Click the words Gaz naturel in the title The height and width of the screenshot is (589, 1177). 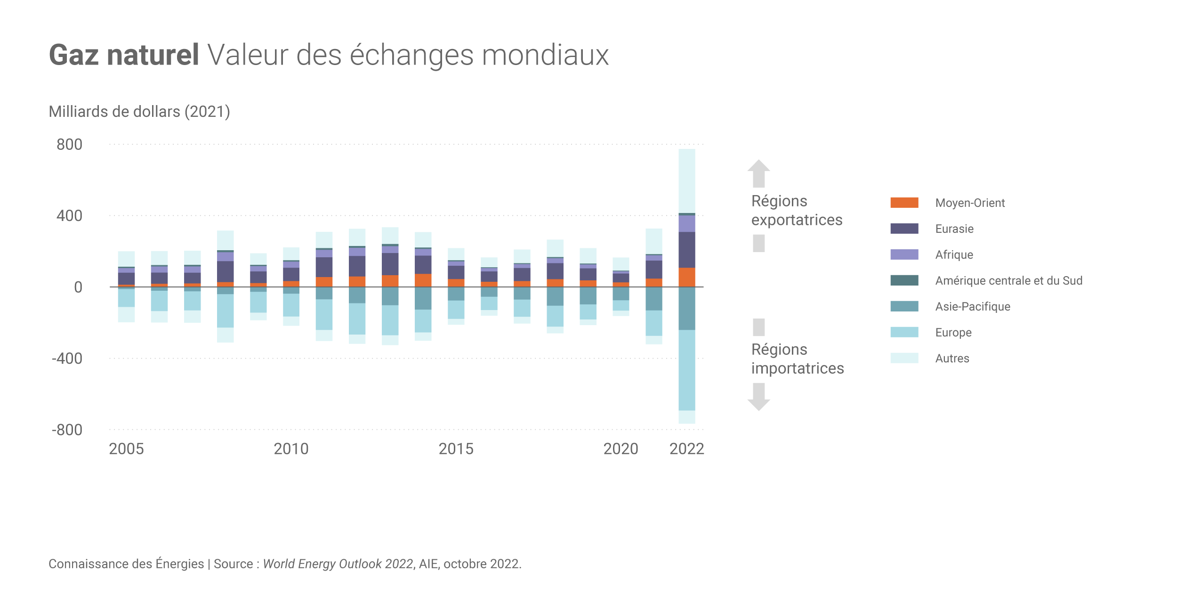124,55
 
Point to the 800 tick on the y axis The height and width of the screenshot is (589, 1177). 69,145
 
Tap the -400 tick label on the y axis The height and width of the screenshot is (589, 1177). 67,359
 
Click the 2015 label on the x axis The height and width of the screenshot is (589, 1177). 456,449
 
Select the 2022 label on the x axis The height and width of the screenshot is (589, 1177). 686,449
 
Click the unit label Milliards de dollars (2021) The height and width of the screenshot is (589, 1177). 139,112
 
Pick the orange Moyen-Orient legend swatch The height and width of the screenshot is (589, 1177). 904,203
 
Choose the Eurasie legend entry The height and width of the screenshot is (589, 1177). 954,229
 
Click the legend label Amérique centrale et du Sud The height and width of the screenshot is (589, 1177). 1008,281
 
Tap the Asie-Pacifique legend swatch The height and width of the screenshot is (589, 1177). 904,307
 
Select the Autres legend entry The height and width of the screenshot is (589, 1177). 952,359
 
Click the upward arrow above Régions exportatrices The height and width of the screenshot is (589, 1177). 758,173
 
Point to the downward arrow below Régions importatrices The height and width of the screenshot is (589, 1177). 758,397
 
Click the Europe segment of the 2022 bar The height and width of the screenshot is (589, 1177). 686,370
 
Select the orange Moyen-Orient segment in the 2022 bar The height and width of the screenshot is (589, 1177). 686,277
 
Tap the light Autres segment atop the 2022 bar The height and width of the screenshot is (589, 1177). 686,181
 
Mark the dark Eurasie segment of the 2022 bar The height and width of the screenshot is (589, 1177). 686,250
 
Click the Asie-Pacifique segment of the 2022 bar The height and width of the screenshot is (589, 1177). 686,308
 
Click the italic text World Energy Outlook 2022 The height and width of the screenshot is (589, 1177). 338,564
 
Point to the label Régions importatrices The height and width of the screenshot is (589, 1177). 797,359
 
